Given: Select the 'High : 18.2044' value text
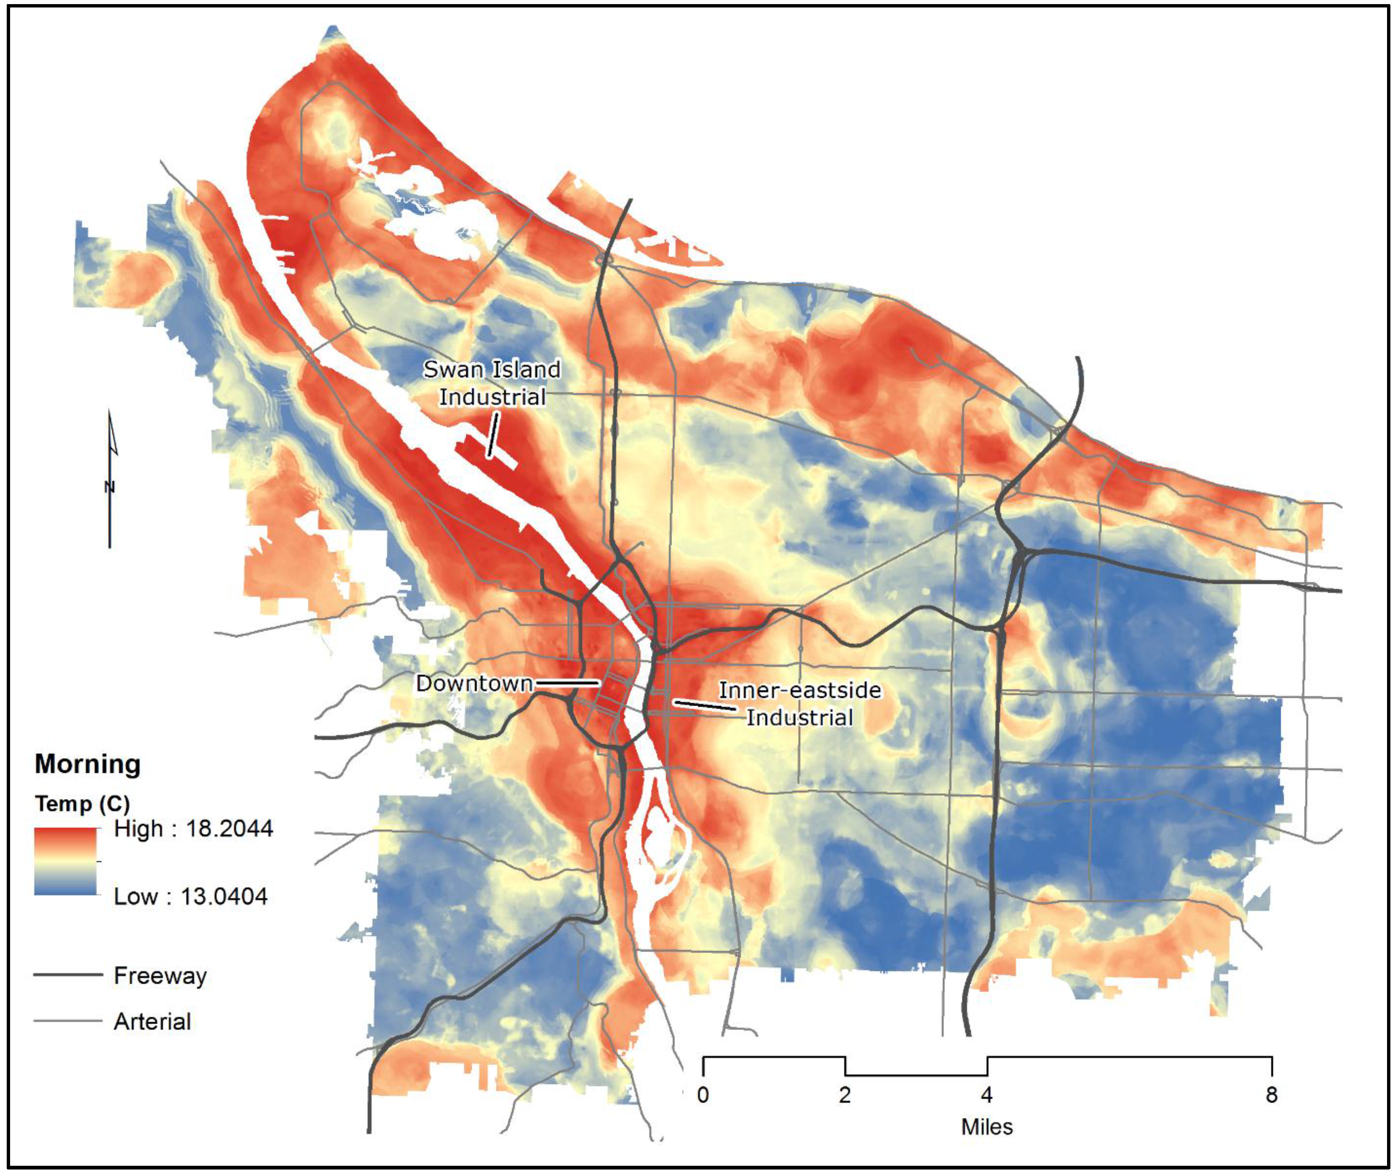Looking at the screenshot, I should (x=193, y=829).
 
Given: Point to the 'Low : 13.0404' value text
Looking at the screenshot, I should (x=190, y=896).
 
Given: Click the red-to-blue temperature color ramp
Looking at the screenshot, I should (x=65, y=861).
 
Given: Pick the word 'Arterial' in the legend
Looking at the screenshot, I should (x=152, y=1022).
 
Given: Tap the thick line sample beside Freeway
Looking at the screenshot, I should (x=68, y=975).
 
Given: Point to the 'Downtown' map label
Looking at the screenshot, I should (x=474, y=683).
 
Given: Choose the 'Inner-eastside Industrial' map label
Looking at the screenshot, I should (x=800, y=704).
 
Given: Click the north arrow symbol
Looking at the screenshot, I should (x=111, y=479).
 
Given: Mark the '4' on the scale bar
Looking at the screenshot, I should (x=987, y=1095).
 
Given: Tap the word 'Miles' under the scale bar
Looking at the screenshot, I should (x=987, y=1127).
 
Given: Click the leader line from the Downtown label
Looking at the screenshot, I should (x=567, y=683).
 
